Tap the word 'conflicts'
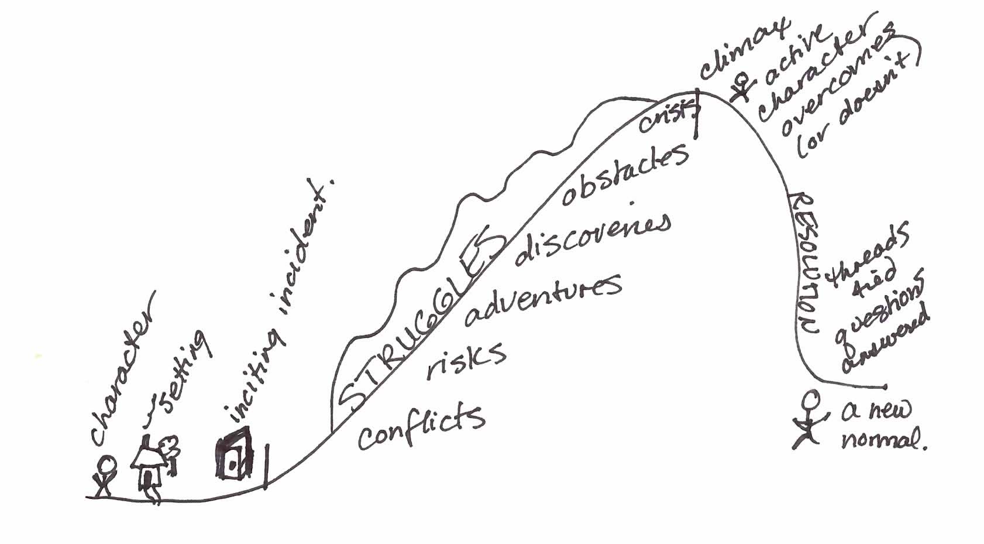(x=421, y=426)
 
